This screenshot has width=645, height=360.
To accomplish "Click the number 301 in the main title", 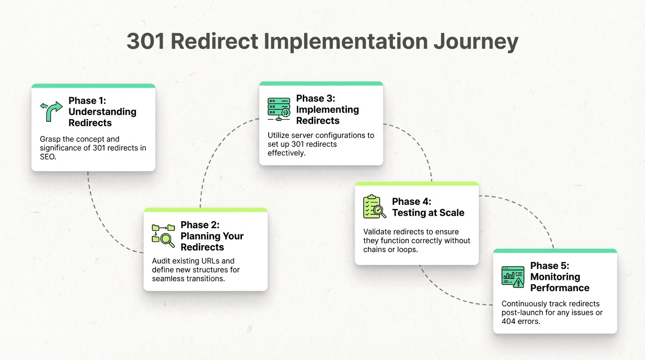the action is point(145,42).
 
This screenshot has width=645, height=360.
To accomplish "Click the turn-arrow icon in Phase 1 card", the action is point(51,112).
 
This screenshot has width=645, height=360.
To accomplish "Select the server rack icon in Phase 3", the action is point(279,109).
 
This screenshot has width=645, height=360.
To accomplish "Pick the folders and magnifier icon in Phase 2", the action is point(163,235).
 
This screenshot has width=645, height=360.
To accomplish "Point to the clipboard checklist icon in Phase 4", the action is point(375,207).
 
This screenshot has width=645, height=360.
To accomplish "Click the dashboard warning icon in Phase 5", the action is point(512,277).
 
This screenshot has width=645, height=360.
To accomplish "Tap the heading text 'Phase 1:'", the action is point(87,100).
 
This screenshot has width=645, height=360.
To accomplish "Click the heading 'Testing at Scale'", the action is point(428,213).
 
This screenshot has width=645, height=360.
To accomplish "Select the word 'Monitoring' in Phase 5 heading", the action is point(555,277).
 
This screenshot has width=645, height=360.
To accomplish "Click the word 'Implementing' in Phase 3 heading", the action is point(327,110).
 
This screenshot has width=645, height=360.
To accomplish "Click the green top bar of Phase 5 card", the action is point(555,251).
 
